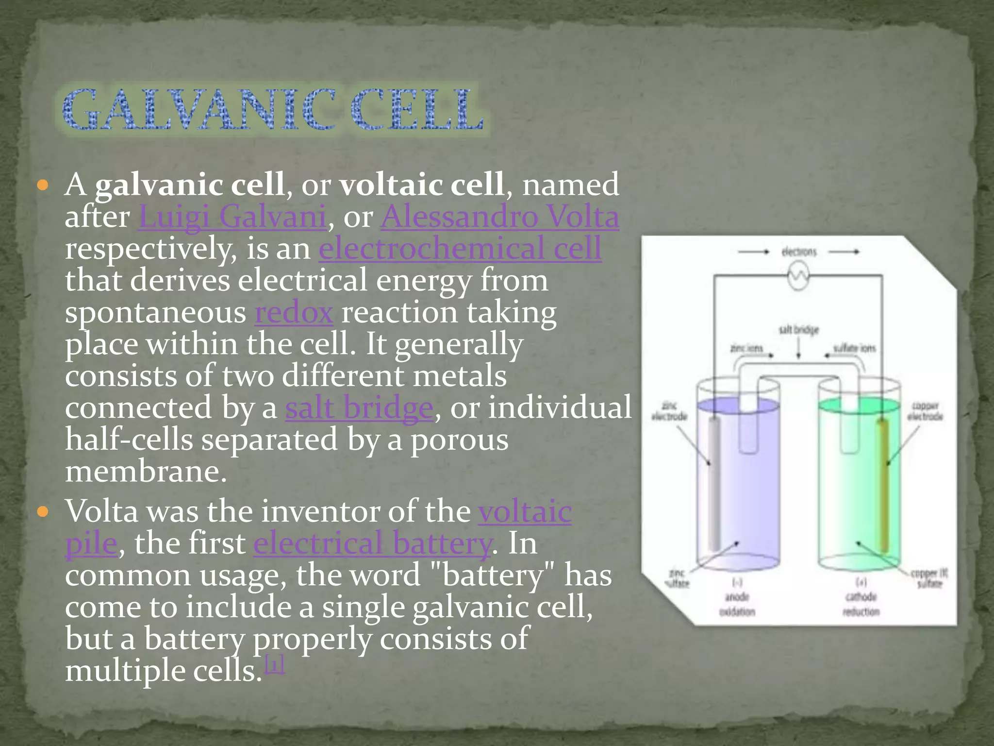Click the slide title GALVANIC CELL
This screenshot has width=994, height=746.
tap(273, 109)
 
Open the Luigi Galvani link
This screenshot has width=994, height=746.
tap(232, 217)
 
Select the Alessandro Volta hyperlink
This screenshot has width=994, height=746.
tap(500, 217)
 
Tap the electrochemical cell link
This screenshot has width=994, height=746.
tap(460, 249)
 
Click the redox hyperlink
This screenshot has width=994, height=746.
tap(294, 313)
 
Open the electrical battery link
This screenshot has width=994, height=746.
tap(372, 543)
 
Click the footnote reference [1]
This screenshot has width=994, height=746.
tap(274, 665)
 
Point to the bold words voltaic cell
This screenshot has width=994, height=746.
tap(422, 185)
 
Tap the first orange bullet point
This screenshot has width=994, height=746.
tap(43, 185)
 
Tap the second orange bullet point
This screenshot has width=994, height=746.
tap(43, 511)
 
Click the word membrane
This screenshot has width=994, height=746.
tap(146, 472)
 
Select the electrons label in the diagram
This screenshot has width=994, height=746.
tap(799, 252)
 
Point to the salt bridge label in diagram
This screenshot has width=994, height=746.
tap(799, 330)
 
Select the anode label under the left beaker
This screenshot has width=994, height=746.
tap(737, 597)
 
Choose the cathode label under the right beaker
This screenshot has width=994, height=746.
tap(861, 597)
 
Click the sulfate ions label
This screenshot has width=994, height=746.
tap(854, 348)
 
